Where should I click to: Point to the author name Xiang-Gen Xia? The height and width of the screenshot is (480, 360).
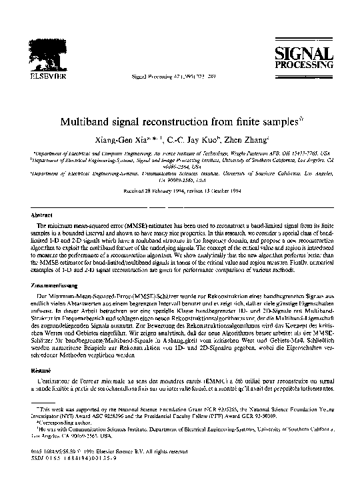[x=134, y=141]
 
